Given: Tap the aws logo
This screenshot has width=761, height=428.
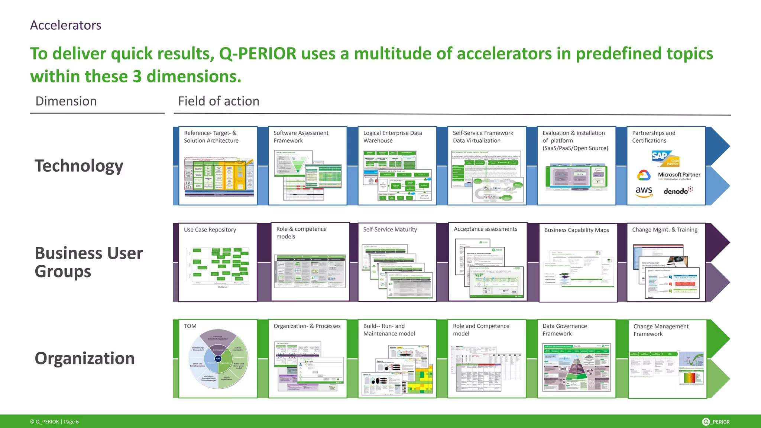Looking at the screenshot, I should [x=644, y=191].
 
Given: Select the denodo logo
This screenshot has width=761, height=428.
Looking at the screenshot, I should [x=678, y=191].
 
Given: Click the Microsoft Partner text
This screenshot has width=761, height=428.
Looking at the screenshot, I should [x=679, y=175].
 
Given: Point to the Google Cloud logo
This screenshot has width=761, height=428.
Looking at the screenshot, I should [x=644, y=175].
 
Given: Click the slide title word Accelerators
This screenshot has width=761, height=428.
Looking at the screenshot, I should [x=65, y=25].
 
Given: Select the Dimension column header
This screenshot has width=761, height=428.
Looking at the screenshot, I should [x=66, y=101].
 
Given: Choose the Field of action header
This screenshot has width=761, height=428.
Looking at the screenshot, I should [x=218, y=101].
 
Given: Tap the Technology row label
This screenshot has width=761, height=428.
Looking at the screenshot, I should [x=79, y=166].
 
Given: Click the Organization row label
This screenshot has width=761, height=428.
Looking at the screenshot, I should [x=85, y=358].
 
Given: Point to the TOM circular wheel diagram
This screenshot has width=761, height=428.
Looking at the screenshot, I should [x=218, y=359].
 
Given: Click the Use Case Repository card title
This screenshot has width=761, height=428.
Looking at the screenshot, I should [x=210, y=230].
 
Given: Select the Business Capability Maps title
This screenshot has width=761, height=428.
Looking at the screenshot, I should [x=576, y=230].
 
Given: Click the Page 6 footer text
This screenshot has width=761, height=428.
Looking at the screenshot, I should [x=71, y=422].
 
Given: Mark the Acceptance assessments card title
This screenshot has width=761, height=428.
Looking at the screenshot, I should [x=485, y=229].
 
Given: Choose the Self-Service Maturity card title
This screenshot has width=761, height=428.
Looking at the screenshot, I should [x=390, y=230].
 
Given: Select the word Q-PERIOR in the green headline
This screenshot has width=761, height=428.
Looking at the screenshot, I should [x=258, y=53].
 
